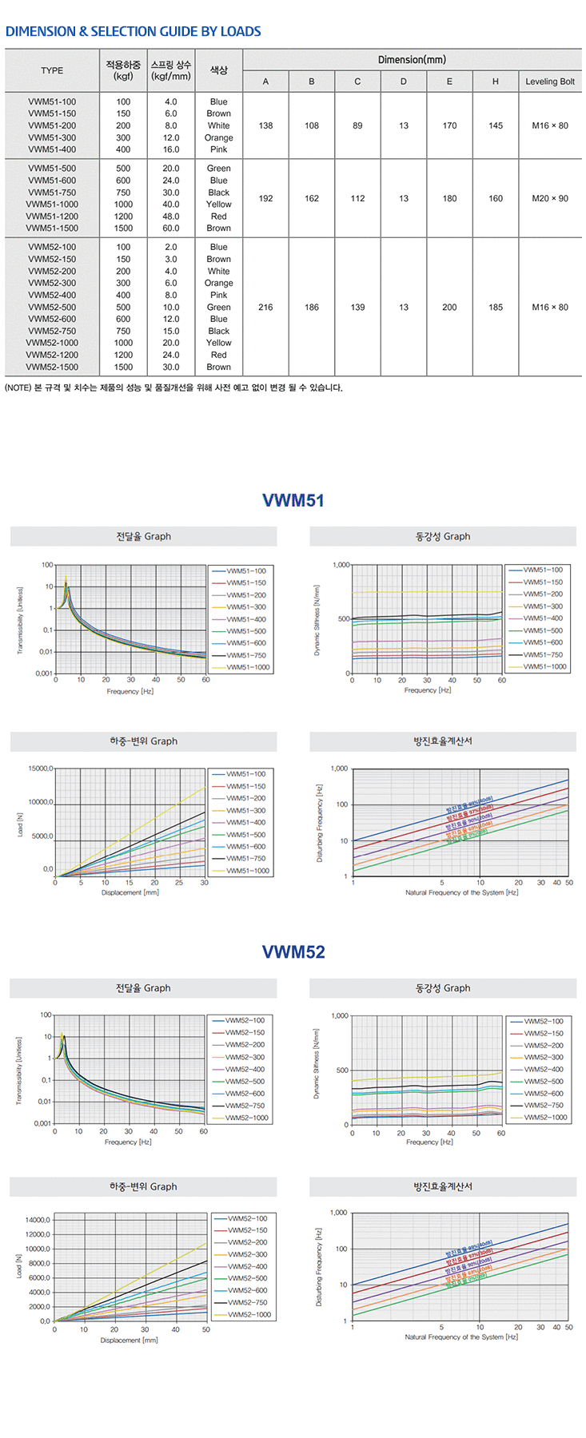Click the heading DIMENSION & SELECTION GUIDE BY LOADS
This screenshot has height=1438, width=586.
coord(133,32)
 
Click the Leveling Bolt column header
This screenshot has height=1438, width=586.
coord(549,81)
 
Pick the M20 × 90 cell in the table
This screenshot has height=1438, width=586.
coord(549,199)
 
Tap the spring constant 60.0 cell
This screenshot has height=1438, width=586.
coord(171,228)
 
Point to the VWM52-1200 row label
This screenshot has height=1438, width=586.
coord(52,356)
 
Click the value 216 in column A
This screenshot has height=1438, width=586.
coord(265,308)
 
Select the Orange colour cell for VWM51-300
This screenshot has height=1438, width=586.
coord(218,138)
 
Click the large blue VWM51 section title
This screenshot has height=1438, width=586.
coord(293,501)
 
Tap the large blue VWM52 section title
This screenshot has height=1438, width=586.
coord(293,952)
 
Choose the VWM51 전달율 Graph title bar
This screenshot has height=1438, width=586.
coord(143,537)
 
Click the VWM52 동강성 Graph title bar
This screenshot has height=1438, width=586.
coord(442,988)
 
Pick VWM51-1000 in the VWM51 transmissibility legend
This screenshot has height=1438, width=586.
coord(248,668)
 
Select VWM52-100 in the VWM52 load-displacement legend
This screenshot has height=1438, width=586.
coord(248,1219)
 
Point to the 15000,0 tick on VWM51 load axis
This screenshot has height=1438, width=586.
coord(40,769)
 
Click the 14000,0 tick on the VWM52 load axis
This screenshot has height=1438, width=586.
coord(38,1221)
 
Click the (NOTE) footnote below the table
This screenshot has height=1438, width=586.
coord(173,388)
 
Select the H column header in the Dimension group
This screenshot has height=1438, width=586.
coord(495,81)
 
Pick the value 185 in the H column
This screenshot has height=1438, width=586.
coord(495,308)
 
